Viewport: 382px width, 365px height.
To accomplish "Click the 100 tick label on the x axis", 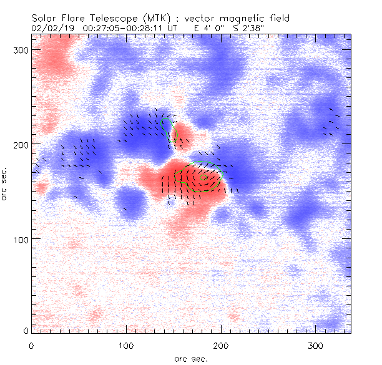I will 126,345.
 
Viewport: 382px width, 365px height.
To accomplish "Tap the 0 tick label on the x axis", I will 31,345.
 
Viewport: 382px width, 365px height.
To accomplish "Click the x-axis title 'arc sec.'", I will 191,359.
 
